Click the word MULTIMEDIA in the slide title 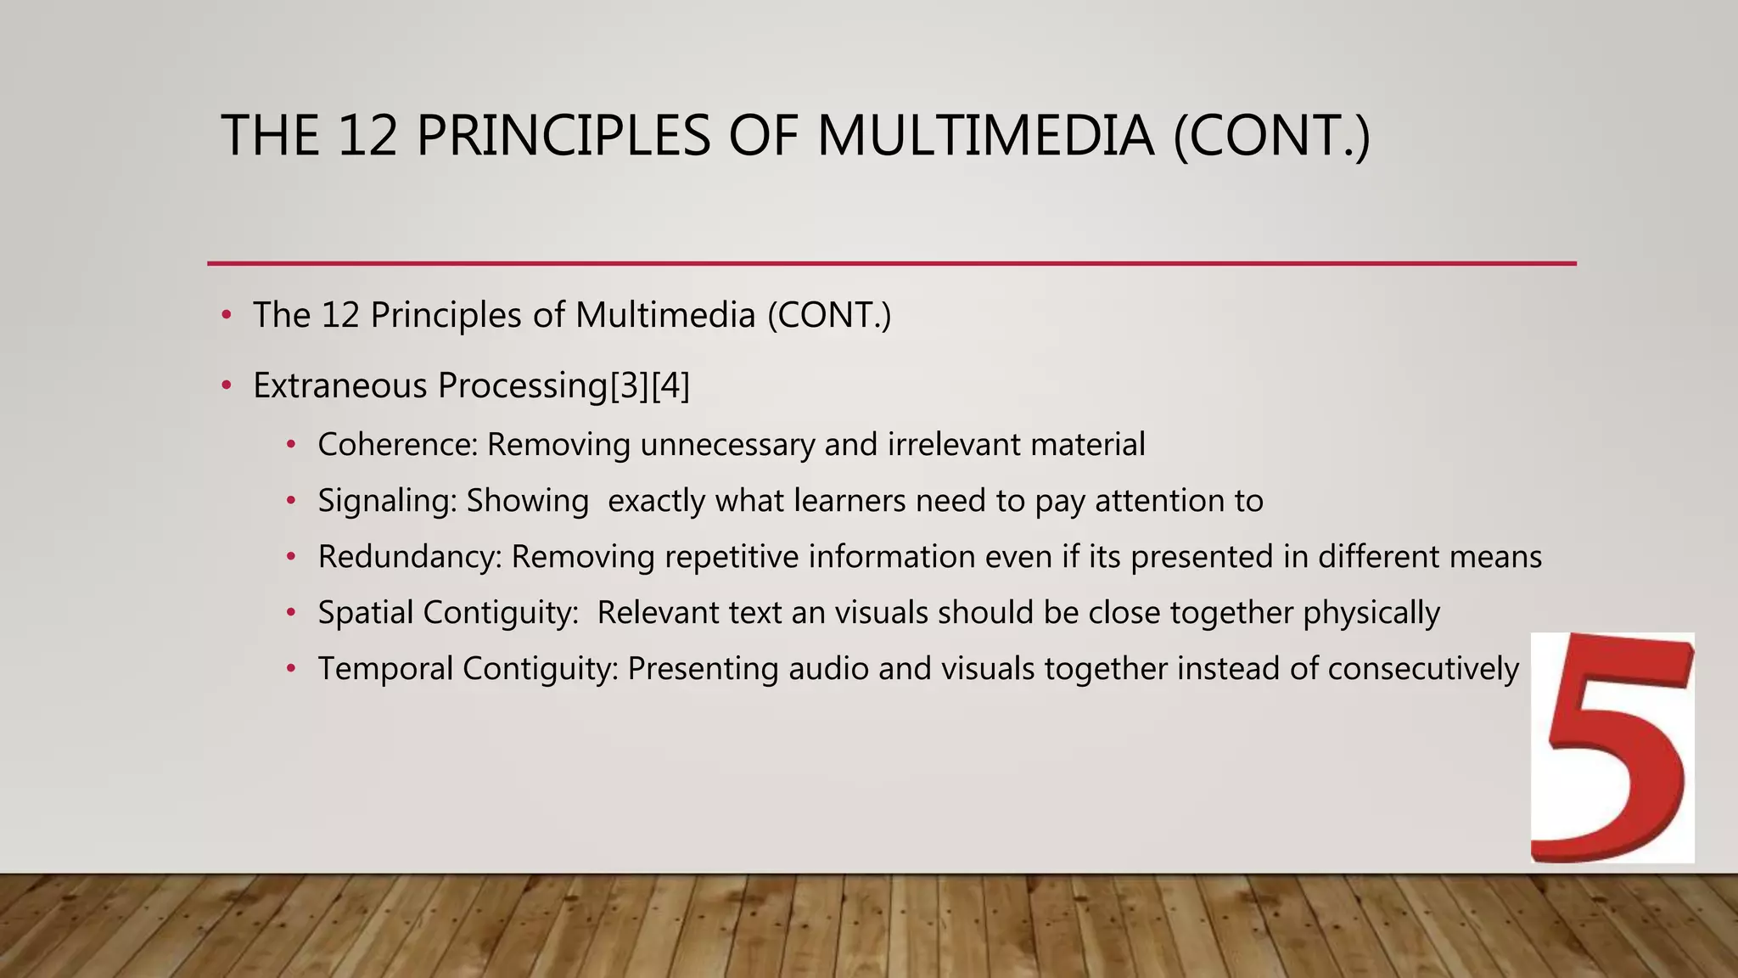click(984, 136)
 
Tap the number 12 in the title click(367, 136)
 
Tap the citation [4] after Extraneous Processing click(670, 386)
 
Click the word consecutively click(1422, 669)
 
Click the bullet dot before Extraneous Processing click(226, 386)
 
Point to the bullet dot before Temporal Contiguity click(291, 669)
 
